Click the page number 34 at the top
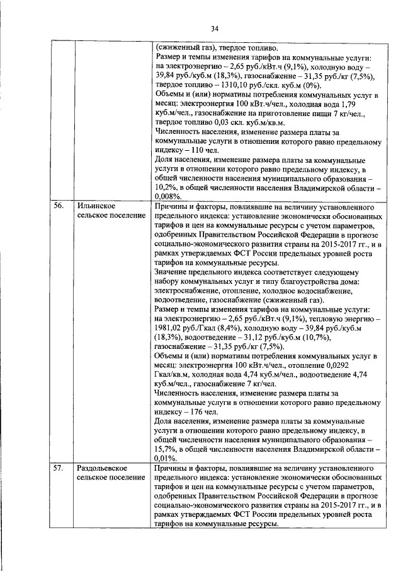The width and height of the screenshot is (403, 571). [x=213, y=28]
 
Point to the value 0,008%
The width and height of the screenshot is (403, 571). [x=168, y=197]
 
